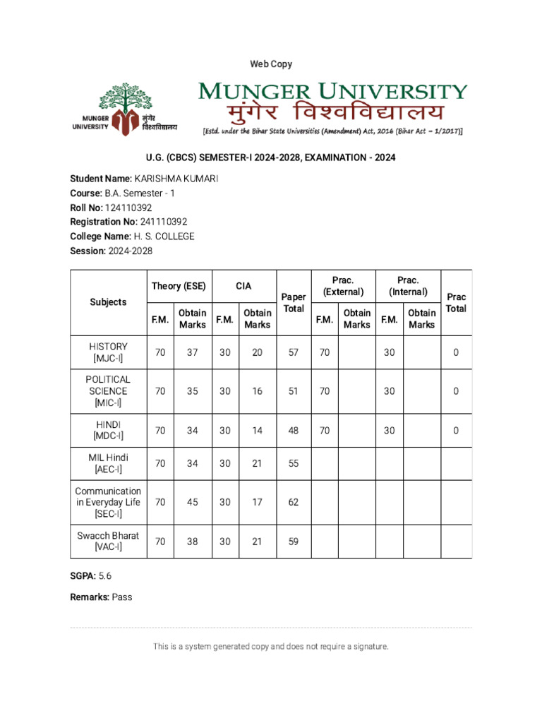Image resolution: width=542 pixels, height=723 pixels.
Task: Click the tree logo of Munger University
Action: coord(124,107)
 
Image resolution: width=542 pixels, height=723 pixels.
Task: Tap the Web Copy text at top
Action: coord(271,64)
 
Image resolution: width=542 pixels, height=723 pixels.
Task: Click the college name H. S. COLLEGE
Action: coord(164,237)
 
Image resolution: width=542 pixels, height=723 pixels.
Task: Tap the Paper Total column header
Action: coord(293,302)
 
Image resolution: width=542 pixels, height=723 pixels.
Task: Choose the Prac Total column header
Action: coord(456,302)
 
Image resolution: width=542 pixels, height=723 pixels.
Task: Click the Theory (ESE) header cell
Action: coord(179,286)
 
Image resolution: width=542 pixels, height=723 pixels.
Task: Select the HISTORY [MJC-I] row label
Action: coord(108,352)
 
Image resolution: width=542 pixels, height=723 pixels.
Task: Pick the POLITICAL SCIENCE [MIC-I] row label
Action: coord(108,390)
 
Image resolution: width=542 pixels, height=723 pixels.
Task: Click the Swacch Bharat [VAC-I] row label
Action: coord(108,541)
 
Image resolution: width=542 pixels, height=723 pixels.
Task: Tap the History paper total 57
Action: coord(293,352)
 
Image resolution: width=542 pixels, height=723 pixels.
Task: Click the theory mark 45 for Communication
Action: coord(192,502)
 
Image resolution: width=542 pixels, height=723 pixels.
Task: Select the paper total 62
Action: coord(293,502)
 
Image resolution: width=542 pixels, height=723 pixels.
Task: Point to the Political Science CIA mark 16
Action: coord(257,390)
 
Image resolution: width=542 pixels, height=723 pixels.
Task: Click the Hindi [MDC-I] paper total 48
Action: coord(293,430)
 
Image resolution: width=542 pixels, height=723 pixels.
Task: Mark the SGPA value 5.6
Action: coord(104,575)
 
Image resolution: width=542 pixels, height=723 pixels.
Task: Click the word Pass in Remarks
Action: coord(121,597)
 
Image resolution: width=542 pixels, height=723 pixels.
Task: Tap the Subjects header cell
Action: coord(108,301)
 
